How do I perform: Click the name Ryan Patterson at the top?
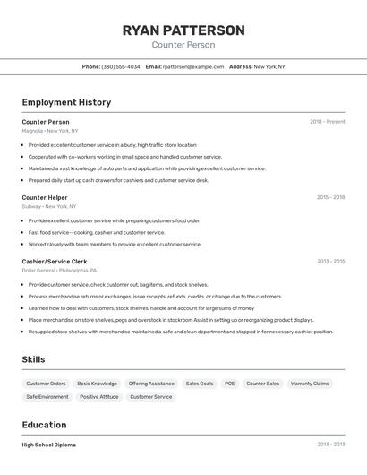click(x=183, y=30)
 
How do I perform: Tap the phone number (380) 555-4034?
click(x=121, y=66)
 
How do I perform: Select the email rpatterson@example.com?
click(x=193, y=66)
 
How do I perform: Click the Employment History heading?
click(x=66, y=102)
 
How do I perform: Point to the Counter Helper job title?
click(x=45, y=197)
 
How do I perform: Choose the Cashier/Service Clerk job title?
click(x=55, y=262)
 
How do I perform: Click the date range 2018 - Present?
click(x=327, y=122)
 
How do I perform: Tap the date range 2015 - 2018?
click(x=330, y=197)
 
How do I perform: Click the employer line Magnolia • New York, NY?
click(x=50, y=131)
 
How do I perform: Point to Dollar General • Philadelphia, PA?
click(x=59, y=270)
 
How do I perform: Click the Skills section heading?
click(x=34, y=359)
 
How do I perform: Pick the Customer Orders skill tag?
click(x=46, y=384)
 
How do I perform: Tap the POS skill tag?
click(x=230, y=384)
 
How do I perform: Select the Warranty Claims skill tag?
click(x=310, y=384)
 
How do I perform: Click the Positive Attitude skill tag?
click(x=98, y=396)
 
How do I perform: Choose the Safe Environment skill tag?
click(x=47, y=396)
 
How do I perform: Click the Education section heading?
click(x=44, y=425)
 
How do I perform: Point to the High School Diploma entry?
click(x=49, y=445)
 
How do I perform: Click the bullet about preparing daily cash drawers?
click(x=118, y=180)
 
